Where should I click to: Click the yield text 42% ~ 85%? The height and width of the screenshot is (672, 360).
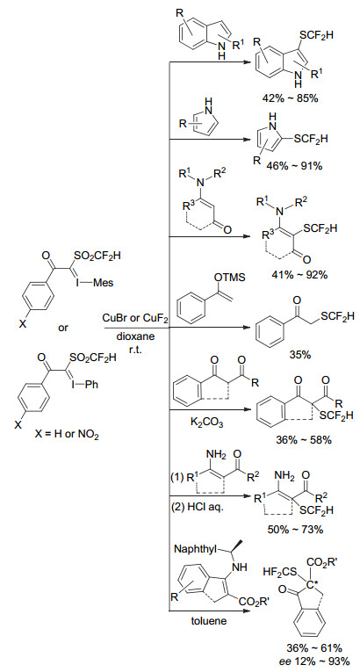(x=290, y=98)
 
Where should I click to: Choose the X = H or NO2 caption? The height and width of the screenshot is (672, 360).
(x=68, y=437)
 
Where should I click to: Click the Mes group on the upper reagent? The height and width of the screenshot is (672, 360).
(x=104, y=283)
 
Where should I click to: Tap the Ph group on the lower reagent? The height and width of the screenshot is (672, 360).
(x=92, y=385)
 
